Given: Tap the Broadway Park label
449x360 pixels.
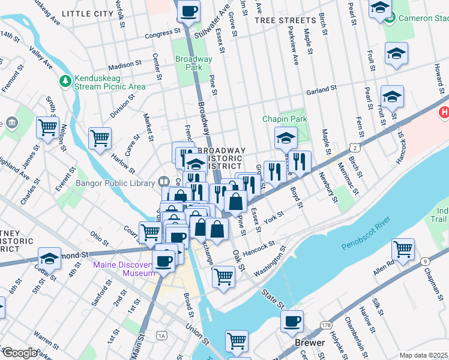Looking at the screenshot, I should click(x=193, y=64).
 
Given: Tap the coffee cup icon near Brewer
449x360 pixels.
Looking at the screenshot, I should click(x=292, y=321).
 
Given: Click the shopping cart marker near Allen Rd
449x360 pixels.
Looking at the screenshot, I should click(x=403, y=249).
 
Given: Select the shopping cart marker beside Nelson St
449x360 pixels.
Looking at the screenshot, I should click(x=47, y=127).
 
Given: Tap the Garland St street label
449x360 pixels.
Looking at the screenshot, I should click(x=321, y=90).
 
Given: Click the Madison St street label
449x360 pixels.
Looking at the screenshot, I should click(x=125, y=64).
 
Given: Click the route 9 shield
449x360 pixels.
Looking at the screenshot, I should click(x=424, y=261).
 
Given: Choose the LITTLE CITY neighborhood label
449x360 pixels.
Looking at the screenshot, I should click(x=88, y=13).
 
